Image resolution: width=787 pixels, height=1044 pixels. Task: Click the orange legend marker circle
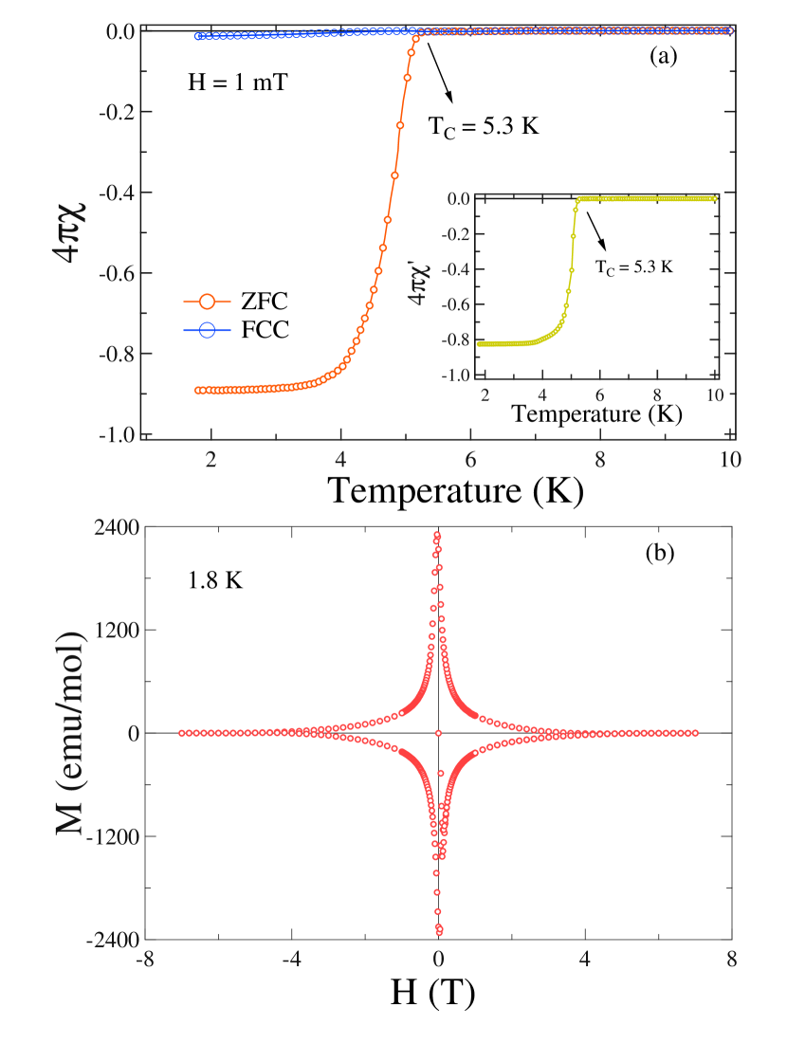pyautogui.click(x=207, y=302)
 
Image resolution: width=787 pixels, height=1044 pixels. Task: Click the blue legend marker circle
pyautogui.click(x=207, y=330)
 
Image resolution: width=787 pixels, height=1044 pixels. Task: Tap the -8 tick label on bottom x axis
pyautogui.click(x=145, y=959)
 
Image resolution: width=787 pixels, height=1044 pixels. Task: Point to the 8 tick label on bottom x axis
pyautogui.click(x=730, y=959)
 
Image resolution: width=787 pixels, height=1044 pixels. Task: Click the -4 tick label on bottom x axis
pyautogui.click(x=291, y=959)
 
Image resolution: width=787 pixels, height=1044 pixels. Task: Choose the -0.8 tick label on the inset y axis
pyautogui.click(x=459, y=340)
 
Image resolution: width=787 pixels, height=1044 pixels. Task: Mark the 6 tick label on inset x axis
pyautogui.click(x=599, y=393)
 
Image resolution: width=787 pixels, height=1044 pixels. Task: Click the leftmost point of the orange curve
pyautogui.click(x=198, y=390)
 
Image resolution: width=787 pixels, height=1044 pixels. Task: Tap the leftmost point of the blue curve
pyautogui.click(x=198, y=36)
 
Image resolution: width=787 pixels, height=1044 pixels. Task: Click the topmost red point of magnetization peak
pyautogui.click(x=437, y=535)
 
